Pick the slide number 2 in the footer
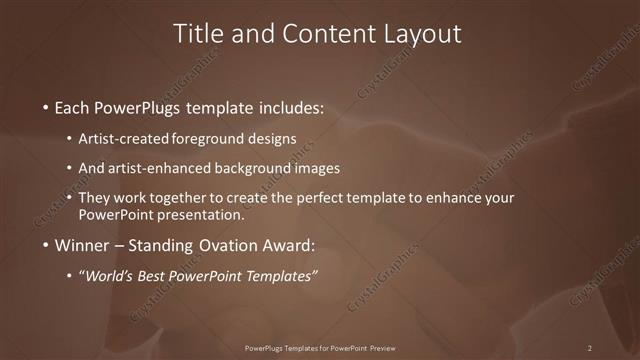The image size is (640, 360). click(589, 348)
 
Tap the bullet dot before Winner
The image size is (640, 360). click(46, 246)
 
